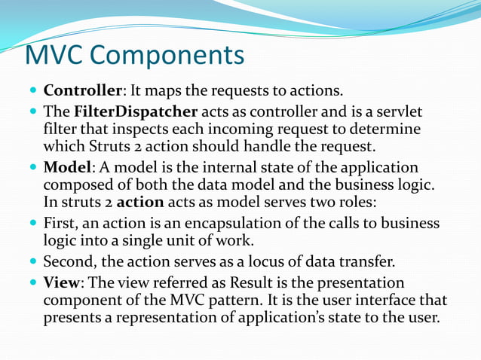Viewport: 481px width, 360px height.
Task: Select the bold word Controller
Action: [82, 91]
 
